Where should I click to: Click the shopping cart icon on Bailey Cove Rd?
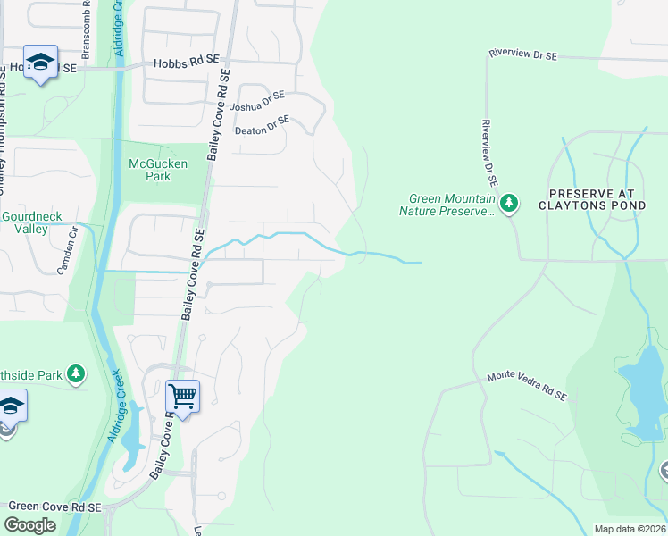182,395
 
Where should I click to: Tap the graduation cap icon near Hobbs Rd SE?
40,63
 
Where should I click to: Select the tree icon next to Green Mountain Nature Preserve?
509,205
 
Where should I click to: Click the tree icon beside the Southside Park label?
77,375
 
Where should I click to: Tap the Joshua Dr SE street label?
256,101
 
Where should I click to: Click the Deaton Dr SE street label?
262,125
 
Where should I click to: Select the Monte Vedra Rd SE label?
527,387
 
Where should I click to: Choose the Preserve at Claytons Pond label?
604,198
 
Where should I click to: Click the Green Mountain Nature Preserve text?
450,205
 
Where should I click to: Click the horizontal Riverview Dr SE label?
522,55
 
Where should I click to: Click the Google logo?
30,525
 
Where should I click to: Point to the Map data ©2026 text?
630,529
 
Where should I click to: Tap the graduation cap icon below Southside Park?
11,407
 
